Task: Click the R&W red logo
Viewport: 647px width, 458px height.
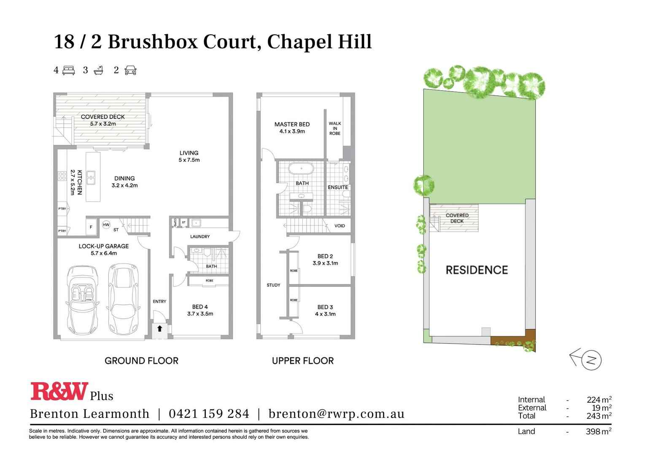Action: click(59, 391)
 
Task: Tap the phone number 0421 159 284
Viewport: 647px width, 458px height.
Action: click(209, 414)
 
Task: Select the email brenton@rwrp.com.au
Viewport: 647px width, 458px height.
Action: click(336, 414)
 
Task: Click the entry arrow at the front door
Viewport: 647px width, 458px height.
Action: click(160, 328)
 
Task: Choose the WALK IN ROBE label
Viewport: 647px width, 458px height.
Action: click(335, 128)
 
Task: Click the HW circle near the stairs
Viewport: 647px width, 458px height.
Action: click(106, 225)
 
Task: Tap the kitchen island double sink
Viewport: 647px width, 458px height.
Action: click(91, 177)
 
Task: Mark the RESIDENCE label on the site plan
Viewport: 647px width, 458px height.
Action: click(477, 270)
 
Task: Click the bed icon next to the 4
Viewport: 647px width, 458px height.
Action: click(69, 70)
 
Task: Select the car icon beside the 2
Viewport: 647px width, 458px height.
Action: click(130, 70)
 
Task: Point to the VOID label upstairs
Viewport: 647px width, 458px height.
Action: click(340, 226)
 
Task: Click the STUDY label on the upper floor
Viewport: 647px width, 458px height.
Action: click(273, 285)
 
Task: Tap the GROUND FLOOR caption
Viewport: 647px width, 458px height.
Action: click(141, 360)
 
